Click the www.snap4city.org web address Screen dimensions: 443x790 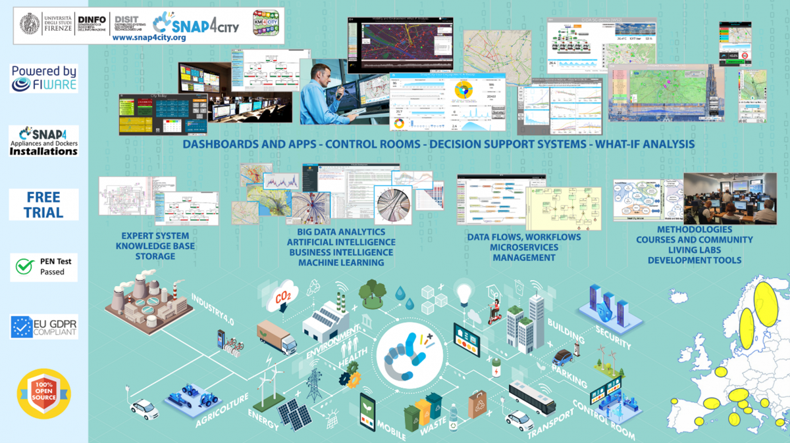(149, 37)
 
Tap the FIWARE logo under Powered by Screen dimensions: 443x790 (44, 85)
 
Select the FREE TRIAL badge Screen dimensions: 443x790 (44, 204)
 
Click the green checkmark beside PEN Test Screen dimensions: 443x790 (25, 266)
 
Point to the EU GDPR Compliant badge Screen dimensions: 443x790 (44, 327)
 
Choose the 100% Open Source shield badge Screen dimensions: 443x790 (44, 394)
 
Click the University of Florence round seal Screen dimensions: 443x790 (30, 25)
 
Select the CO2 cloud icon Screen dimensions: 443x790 (282, 296)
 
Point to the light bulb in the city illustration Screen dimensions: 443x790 (465, 291)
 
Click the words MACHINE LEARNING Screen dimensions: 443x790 (341, 263)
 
